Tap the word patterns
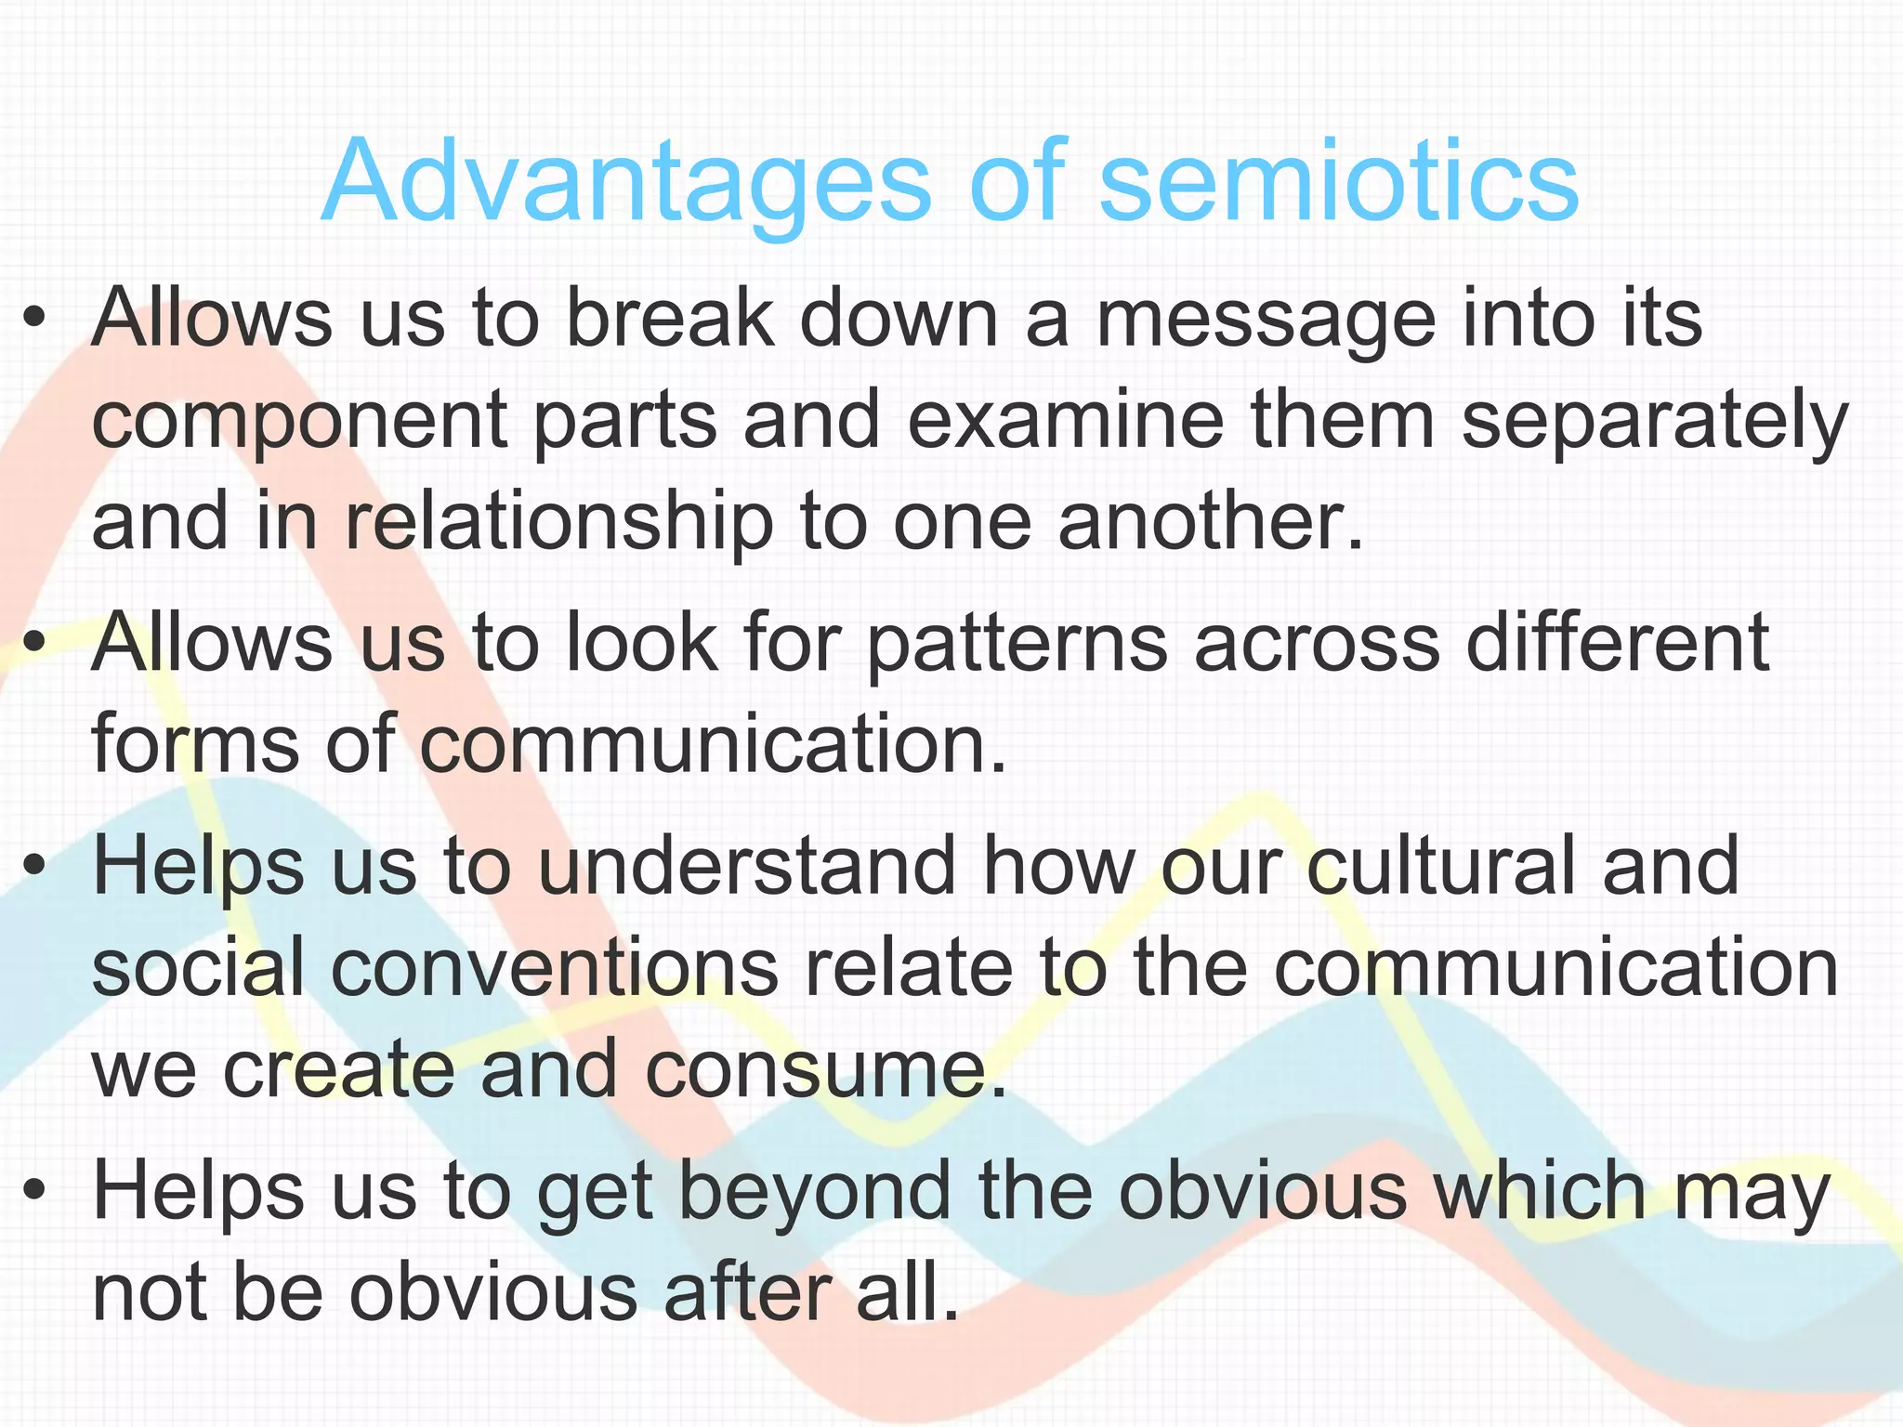pos(1017,643)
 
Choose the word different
pos(1617,643)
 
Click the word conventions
pos(554,968)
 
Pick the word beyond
pos(743,1194)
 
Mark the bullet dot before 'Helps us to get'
pos(34,1193)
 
